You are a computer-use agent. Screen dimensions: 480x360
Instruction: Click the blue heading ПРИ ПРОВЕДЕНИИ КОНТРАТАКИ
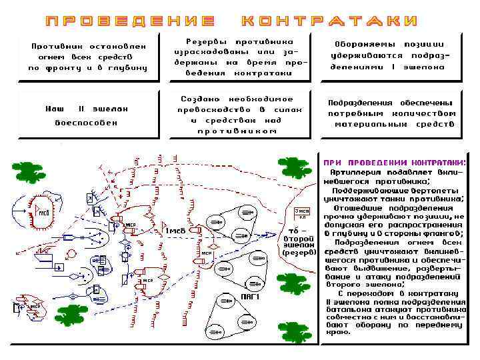(395, 163)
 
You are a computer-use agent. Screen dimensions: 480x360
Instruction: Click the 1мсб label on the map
(175, 231)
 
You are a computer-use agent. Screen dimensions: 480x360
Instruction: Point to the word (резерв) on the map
(298, 253)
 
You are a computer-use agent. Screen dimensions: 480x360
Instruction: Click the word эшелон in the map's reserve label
(297, 245)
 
